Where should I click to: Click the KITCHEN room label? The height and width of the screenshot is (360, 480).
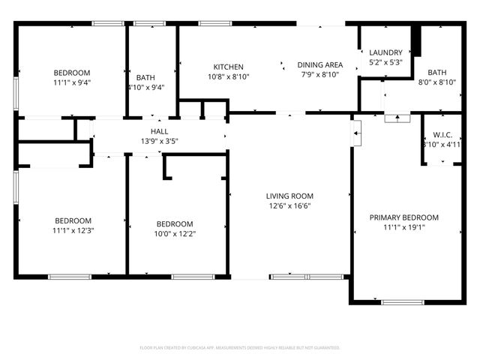click(228, 66)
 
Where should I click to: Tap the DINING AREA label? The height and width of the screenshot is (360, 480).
click(320, 65)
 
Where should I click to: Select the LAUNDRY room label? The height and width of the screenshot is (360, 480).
click(386, 52)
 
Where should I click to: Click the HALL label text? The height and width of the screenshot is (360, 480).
click(159, 131)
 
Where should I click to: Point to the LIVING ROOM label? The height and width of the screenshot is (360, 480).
click(290, 196)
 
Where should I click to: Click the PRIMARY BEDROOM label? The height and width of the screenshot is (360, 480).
click(404, 217)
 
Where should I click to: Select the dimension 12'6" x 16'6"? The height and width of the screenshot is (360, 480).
click(290, 206)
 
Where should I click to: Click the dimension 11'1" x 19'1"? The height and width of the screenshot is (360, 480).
click(404, 228)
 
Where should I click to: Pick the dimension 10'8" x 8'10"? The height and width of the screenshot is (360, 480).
click(228, 76)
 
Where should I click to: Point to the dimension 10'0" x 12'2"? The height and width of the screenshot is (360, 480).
click(175, 234)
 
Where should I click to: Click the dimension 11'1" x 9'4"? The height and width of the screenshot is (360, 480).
click(72, 83)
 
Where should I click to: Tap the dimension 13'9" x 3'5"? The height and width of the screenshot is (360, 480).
click(159, 141)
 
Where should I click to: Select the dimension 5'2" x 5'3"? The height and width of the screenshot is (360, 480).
click(386, 63)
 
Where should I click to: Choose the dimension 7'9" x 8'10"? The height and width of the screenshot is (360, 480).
click(320, 76)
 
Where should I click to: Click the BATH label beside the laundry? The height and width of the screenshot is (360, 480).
click(437, 72)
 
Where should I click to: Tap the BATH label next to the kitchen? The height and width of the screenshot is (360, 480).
click(145, 77)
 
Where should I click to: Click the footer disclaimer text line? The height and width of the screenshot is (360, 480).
click(240, 348)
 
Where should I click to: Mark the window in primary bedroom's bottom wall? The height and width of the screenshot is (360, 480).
click(403, 302)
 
